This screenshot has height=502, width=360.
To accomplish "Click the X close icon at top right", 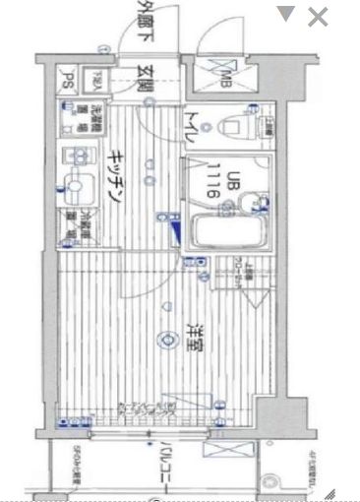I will [318, 16].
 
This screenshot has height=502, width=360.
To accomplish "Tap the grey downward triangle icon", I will [285, 14].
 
